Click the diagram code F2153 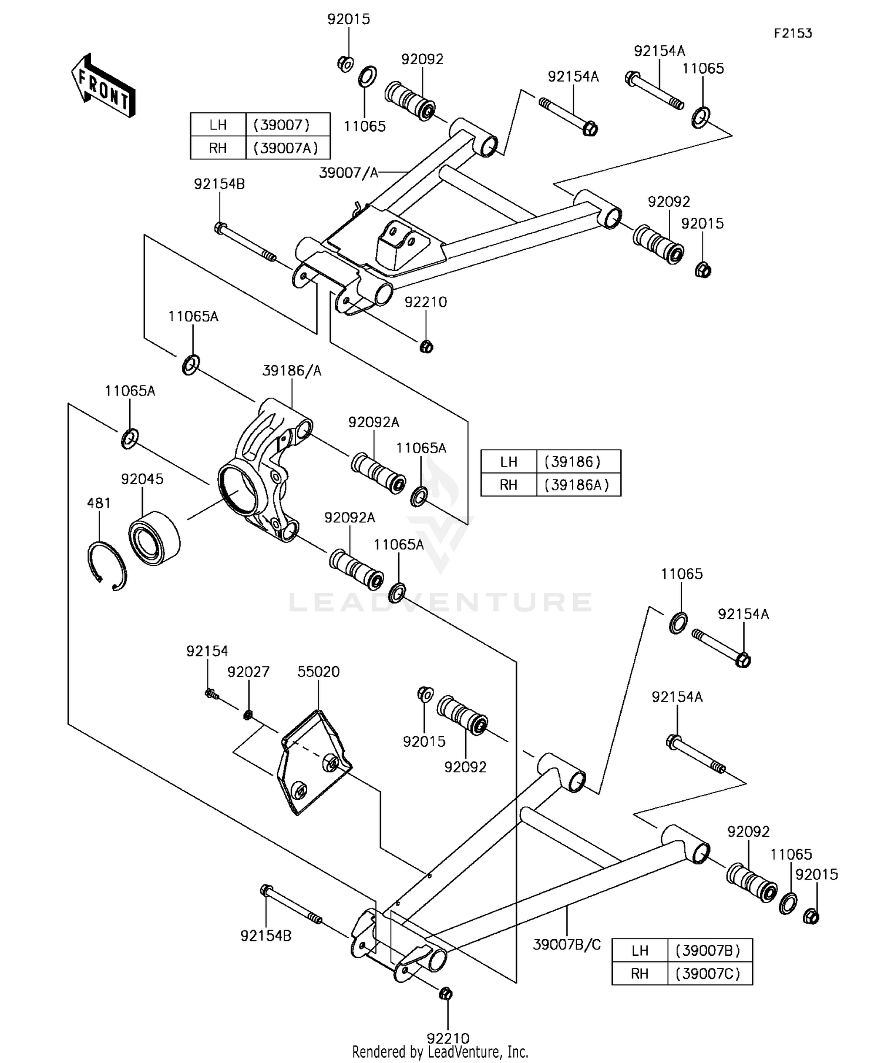coord(792,33)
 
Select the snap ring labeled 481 coord(107,565)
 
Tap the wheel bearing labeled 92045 coord(154,538)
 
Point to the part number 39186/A coord(291,371)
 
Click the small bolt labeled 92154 coord(212,695)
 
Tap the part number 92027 coord(248,672)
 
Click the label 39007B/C coord(567,945)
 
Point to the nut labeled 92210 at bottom coord(445,994)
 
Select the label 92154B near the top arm coord(219,184)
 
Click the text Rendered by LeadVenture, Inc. coord(440,1051)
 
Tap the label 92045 coord(142,479)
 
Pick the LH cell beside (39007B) coord(640,951)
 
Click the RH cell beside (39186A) coord(509,485)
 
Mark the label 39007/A coord(348,173)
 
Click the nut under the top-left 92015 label coord(346,63)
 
